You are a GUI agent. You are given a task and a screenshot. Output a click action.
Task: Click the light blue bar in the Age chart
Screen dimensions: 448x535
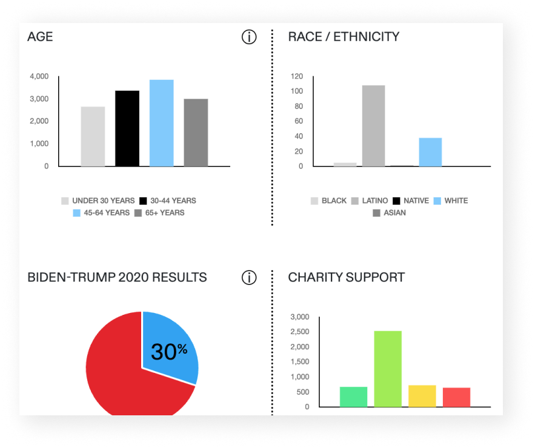point(162,123)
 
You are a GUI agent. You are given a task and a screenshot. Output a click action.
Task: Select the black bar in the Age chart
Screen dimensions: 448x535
point(127,128)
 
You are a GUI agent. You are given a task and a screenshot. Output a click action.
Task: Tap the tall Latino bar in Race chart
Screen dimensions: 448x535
point(373,126)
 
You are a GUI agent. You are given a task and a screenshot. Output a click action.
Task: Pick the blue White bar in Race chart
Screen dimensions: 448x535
point(430,152)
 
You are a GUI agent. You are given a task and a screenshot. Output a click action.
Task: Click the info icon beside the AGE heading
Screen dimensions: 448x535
point(249,37)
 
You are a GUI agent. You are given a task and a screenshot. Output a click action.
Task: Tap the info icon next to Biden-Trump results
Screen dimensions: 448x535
point(249,277)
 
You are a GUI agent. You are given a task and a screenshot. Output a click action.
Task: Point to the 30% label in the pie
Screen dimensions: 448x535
point(168,352)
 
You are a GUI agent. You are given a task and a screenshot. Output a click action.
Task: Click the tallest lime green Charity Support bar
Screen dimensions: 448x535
point(388,369)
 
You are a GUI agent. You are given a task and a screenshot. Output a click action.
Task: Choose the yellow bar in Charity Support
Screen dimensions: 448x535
point(422,396)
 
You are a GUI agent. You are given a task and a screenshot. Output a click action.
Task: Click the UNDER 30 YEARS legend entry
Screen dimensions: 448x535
point(98,200)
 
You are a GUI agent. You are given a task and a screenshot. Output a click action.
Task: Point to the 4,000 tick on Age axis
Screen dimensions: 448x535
point(39,76)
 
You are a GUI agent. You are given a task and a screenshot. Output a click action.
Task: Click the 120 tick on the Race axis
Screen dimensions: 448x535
point(296,76)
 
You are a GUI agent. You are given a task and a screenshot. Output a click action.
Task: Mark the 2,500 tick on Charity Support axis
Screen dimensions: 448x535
point(299,332)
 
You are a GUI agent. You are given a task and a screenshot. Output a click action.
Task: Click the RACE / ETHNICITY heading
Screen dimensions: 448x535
point(344,37)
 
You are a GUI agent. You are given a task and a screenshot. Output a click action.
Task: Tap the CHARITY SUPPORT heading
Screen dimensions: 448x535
point(346,277)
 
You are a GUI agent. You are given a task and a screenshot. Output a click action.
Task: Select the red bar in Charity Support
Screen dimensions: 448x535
point(456,397)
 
